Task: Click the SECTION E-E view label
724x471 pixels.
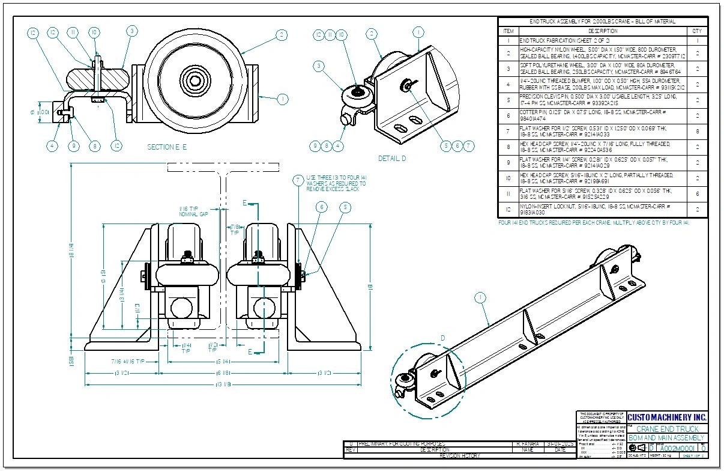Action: point(167,147)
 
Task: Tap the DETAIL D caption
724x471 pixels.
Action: point(392,159)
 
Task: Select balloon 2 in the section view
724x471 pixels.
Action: point(281,35)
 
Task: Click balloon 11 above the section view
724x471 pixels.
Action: point(73,32)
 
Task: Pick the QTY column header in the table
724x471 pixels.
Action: point(697,31)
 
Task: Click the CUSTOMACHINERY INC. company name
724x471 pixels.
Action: point(667,417)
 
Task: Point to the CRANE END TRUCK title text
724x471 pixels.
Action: point(667,429)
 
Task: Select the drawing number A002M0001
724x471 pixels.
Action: point(677,448)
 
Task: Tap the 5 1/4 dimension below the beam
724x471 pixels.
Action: point(224,362)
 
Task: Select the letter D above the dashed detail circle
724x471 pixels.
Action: point(444,338)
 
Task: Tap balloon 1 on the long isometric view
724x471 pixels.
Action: point(480,297)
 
